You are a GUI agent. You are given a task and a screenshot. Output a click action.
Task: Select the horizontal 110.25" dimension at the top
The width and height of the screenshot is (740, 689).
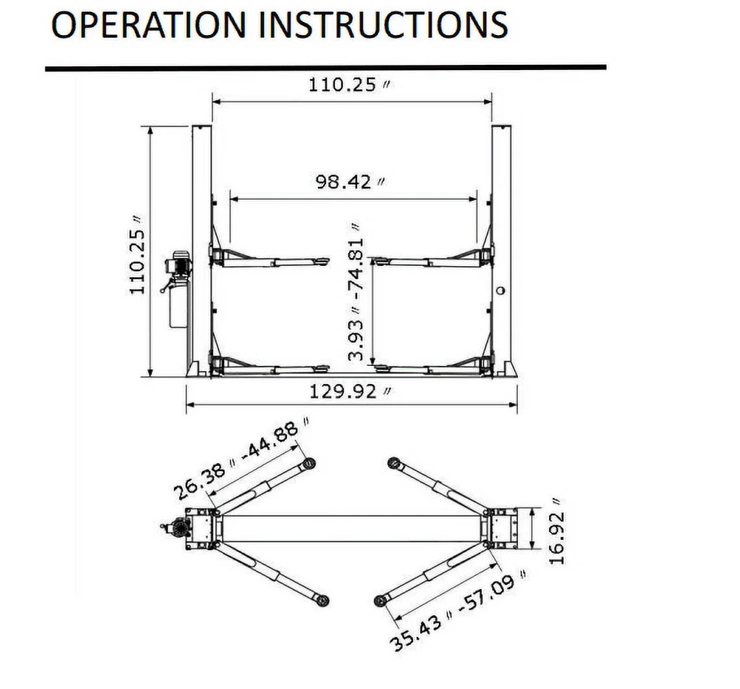(351, 85)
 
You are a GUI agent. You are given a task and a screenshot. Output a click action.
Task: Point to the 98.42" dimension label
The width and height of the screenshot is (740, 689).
(351, 181)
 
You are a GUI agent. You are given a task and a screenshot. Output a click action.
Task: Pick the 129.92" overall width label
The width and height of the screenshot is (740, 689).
(351, 392)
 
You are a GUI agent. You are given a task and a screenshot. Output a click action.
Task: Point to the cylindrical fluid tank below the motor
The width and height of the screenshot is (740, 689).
(177, 308)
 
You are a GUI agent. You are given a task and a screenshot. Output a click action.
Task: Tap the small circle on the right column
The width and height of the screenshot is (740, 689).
(500, 291)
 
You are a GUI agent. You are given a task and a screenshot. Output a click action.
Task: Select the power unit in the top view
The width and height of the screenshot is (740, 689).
(174, 529)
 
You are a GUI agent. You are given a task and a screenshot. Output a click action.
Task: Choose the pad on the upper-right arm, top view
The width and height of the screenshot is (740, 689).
(393, 462)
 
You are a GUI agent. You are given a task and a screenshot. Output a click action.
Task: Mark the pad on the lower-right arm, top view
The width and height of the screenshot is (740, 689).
(380, 601)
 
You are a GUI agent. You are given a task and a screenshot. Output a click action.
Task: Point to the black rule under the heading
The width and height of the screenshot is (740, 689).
(325, 67)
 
